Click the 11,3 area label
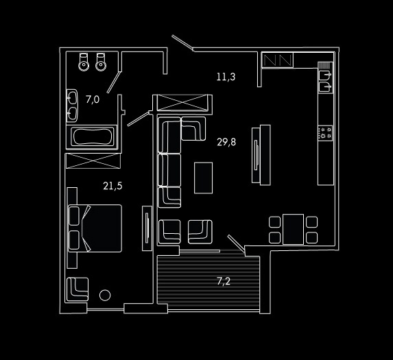pyautogui.click(x=226, y=77)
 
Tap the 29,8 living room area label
pyautogui.click(x=226, y=143)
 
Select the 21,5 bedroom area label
pyautogui.click(x=112, y=186)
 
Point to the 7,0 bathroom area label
pyautogui.click(x=93, y=99)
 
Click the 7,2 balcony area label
pyautogui.click(x=224, y=281)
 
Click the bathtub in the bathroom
pyautogui.click(x=93, y=136)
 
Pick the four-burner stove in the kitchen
pyautogui.click(x=325, y=133)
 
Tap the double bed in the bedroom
pyautogui.click(x=95, y=228)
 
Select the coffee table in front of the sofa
pyautogui.click(x=203, y=178)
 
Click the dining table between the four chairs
pyautogui.click(x=293, y=229)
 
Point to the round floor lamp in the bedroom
pyautogui.click(x=105, y=295)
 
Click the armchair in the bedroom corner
pyautogui.click(x=78, y=289)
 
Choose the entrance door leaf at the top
pyautogui.click(x=182, y=42)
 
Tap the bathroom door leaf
pyautogui.click(x=114, y=82)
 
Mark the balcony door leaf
pyautogui.click(x=236, y=243)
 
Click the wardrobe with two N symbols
pyautogui.click(x=278, y=60)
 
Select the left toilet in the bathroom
pyautogui.click(x=84, y=62)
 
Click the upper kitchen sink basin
pyautogui.click(x=325, y=75)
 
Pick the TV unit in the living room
pyautogui.click(x=261, y=155)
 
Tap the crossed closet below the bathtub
pyautogui.click(x=93, y=161)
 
